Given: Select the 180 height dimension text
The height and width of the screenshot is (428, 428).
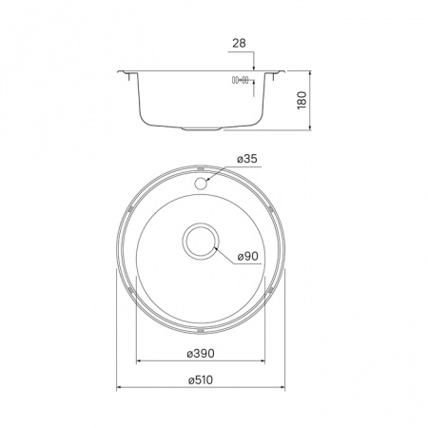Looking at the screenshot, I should (x=302, y=99).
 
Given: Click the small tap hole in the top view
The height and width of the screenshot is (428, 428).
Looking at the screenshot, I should (x=202, y=178).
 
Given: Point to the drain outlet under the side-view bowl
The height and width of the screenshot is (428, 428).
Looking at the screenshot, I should (x=203, y=126).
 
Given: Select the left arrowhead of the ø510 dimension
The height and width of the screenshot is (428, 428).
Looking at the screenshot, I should (x=119, y=387).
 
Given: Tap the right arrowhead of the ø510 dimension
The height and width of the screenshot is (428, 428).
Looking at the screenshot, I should (x=286, y=387).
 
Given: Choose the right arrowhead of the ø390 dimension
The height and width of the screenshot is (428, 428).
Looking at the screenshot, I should (x=265, y=361).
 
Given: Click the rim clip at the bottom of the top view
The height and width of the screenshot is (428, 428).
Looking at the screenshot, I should (x=203, y=330).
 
